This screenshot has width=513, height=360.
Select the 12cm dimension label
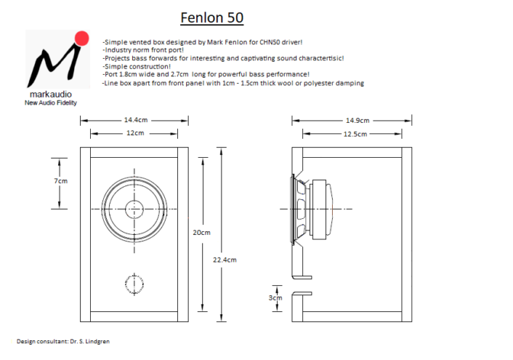135,133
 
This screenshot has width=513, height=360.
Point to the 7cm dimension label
61,181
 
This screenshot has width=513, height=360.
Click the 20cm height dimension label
202,232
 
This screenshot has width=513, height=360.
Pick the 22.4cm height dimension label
224,259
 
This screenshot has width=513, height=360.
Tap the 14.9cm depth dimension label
357,120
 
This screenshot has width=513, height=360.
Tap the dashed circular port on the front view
134,284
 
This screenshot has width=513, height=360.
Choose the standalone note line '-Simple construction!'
137,66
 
